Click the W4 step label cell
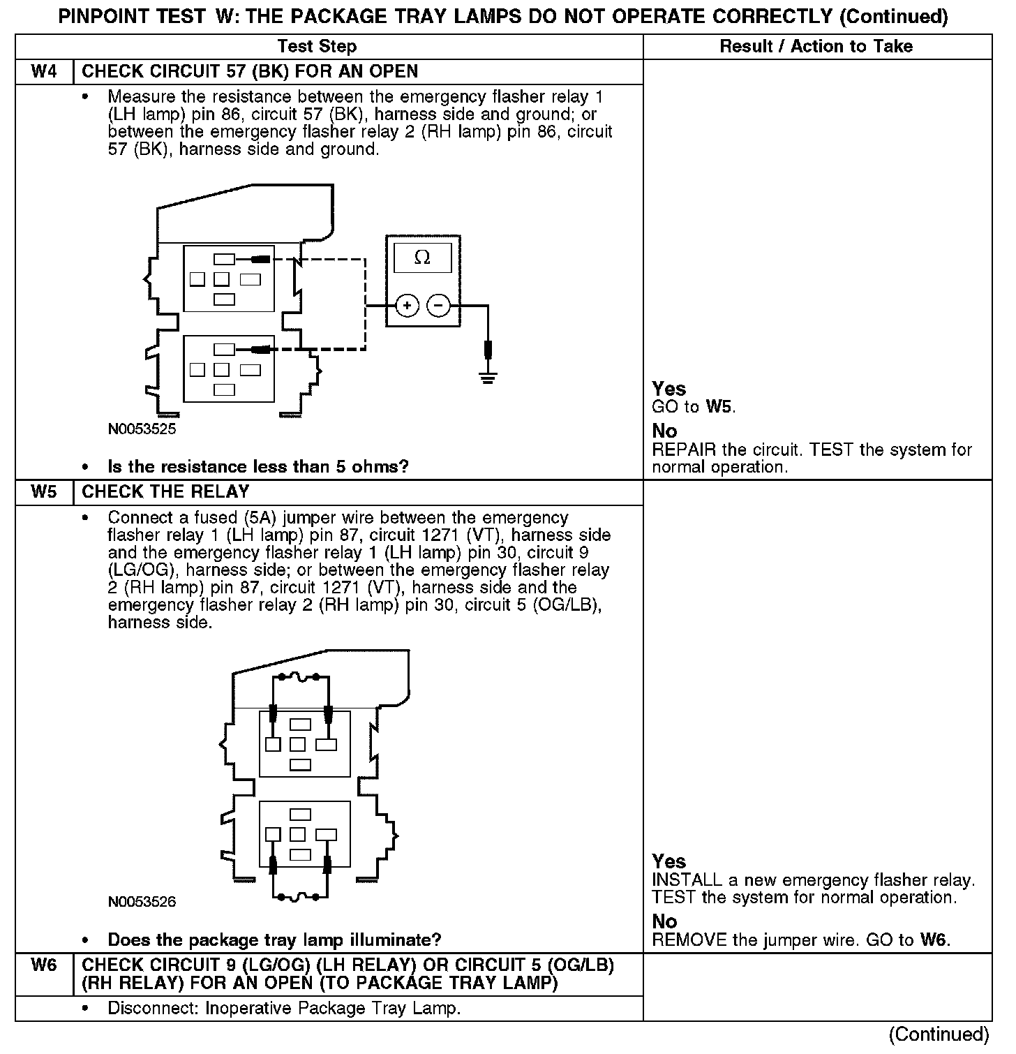[44, 72]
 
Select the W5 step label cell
[44, 492]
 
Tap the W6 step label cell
[44, 966]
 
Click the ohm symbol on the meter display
[422, 258]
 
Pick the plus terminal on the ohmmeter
[407, 306]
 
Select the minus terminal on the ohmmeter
[439, 306]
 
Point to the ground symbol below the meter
[488, 378]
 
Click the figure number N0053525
[142, 429]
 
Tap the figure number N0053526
[142, 901]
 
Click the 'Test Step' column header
[317, 47]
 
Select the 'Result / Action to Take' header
[816, 47]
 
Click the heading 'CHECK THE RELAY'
[165, 492]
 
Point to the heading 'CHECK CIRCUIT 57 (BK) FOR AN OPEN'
[250, 72]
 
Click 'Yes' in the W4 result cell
[668, 389]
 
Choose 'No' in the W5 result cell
[664, 921]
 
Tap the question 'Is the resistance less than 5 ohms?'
[257, 466]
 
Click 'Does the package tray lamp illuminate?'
[274, 940]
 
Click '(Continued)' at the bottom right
[939, 1034]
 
